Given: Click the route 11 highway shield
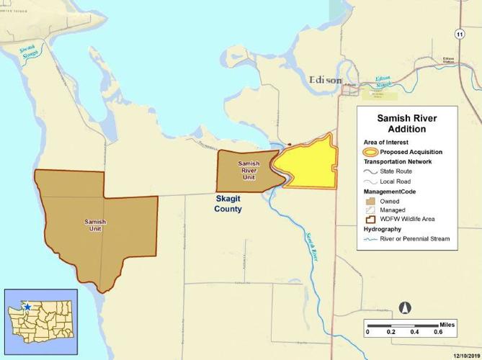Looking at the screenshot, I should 459,34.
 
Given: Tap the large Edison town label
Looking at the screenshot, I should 325,80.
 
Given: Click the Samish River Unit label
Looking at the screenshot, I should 249,170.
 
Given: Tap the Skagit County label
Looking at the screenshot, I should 228,203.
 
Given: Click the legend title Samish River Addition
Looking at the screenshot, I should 407,123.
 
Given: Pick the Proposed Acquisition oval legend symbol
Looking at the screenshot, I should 370,152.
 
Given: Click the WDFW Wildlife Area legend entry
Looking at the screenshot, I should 411,218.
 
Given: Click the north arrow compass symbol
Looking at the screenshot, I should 404,307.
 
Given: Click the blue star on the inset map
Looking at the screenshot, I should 27,307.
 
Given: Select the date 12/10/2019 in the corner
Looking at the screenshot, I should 464,355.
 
